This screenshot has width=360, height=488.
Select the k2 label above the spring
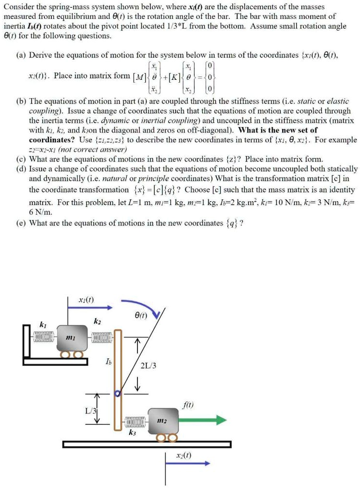pyautogui.click(x=97, y=321)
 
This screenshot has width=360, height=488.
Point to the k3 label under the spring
pyautogui.click(x=133, y=434)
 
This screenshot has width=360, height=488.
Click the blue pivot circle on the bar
pyautogui.click(x=117, y=394)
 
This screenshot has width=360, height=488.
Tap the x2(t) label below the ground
pyautogui.click(x=184, y=455)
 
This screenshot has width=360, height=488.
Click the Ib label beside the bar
pyautogui.click(x=106, y=361)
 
